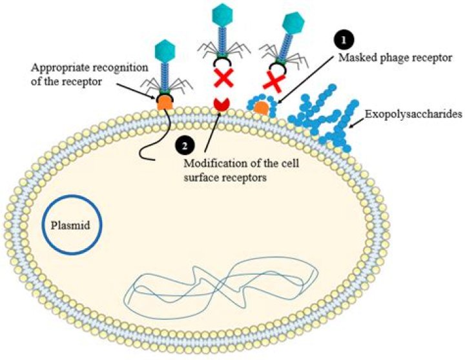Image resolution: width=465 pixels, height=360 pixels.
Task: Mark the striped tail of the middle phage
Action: [x=220, y=39]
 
